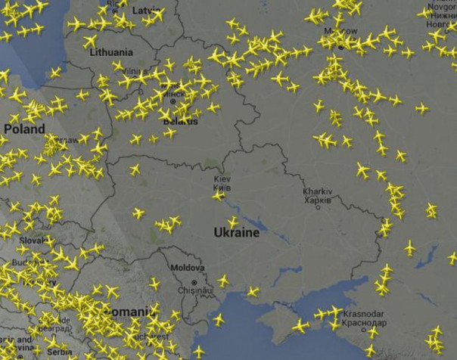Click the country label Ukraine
click(235, 233)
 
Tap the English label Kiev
click(222, 178)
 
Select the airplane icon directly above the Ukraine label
click(234, 222)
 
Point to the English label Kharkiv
click(318, 192)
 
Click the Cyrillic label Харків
click(318, 200)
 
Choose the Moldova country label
click(187, 268)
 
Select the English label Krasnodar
click(363, 314)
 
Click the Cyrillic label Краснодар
click(363, 322)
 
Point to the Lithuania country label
click(111, 52)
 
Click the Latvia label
click(147, 11)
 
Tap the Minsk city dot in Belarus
click(173, 101)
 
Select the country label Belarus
click(181, 121)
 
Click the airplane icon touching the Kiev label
click(219, 195)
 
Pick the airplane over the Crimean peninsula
click(301, 325)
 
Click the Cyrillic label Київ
click(222, 187)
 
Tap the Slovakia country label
click(33, 241)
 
